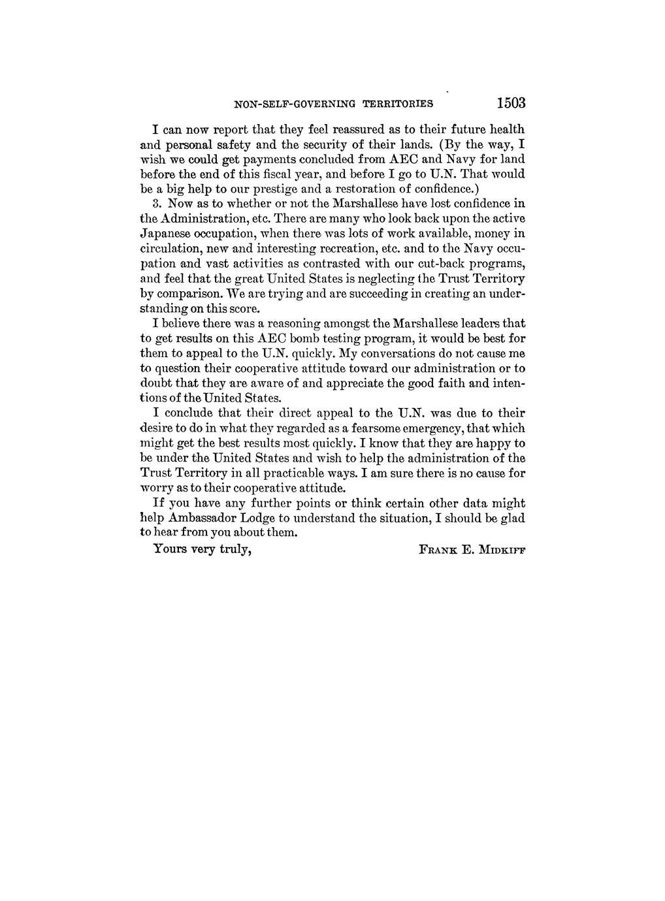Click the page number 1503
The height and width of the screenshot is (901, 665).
click(x=510, y=103)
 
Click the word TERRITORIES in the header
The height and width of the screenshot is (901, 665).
click(x=398, y=103)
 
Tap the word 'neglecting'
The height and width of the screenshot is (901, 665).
click(x=382, y=279)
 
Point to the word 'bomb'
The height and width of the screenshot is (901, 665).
click(x=310, y=339)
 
